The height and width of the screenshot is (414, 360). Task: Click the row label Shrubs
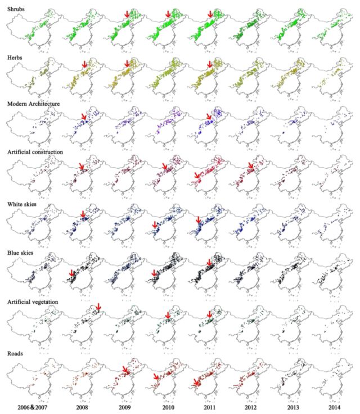[13, 10]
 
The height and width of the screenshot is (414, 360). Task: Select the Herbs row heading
[12, 57]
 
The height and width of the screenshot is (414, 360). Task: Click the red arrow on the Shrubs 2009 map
[127, 12]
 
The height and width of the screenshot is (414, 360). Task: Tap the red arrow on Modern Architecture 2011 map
[209, 116]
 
